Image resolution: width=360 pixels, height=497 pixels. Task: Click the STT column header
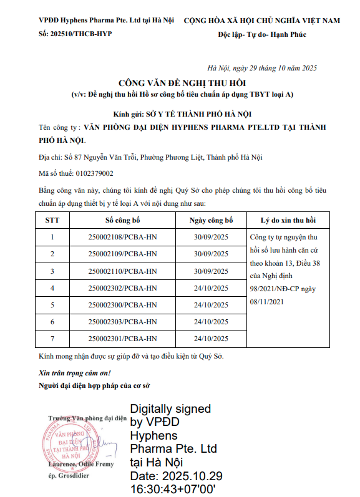click(52, 221)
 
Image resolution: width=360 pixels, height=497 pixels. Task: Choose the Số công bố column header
click(123, 221)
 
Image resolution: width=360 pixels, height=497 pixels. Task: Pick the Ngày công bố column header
click(211, 221)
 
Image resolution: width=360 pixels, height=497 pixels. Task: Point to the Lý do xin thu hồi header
click(288, 221)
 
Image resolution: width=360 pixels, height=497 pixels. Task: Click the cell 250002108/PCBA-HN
click(123, 237)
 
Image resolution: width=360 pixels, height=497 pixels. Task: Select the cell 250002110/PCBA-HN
click(123, 271)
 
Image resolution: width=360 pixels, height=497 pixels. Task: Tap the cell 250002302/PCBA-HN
click(123, 287)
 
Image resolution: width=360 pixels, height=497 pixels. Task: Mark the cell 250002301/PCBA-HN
click(123, 339)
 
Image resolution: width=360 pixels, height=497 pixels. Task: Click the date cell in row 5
click(211, 304)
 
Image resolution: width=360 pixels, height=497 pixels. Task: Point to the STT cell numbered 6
click(52, 322)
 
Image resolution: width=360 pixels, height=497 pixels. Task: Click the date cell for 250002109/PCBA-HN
click(211, 254)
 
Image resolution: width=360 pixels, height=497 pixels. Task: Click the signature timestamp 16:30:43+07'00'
click(172, 490)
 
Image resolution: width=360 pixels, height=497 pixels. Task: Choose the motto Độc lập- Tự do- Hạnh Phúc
click(262, 33)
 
